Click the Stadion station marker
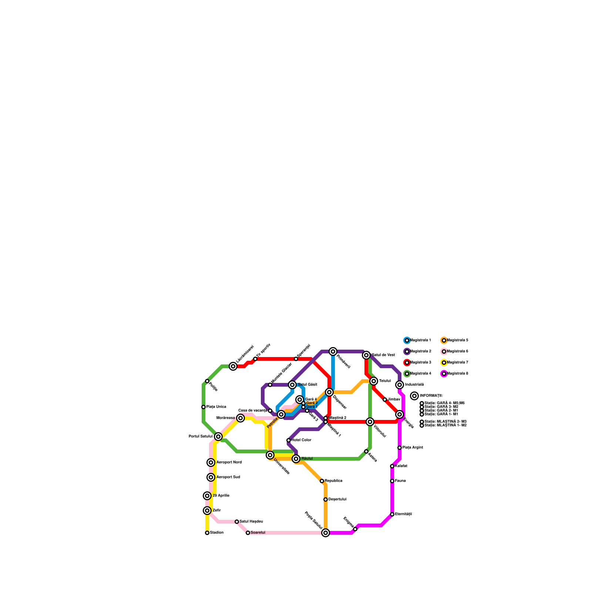click(207, 533)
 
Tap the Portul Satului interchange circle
click(218, 437)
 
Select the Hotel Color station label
click(301, 440)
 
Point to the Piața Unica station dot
click(203, 407)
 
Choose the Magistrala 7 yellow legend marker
click(444, 363)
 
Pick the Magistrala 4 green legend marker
click(407, 374)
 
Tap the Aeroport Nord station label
click(229, 462)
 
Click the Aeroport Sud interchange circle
click(211, 477)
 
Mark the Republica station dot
click(322, 481)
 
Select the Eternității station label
click(403, 514)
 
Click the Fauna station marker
click(392, 481)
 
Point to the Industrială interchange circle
click(400, 385)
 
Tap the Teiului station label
click(385, 381)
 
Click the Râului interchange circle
click(296, 459)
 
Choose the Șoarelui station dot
click(248, 533)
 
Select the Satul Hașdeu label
click(251, 522)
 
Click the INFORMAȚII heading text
click(431, 396)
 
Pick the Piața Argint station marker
click(400, 448)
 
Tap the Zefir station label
click(216, 511)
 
